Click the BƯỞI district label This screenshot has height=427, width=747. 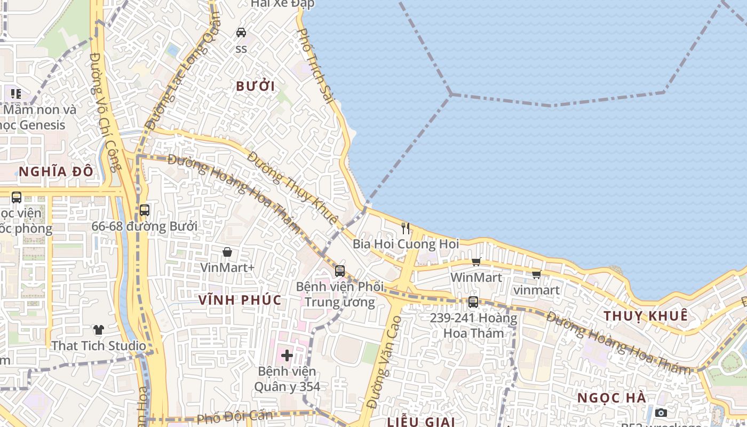(x=255, y=86)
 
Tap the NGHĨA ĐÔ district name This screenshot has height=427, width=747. (x=56, y=171)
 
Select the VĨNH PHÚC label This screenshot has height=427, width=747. (x=240, y=300)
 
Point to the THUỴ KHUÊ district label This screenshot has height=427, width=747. (x=646, y=315)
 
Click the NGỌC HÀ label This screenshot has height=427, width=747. (x=612, y=398)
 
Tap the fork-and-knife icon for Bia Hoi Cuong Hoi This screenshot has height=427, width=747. (x=406, y=228)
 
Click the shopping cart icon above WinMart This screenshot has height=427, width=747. (x=476, y=262)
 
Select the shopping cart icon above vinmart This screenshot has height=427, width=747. (x=536, y=274)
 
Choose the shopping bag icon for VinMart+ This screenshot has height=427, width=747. (x=227, y=251)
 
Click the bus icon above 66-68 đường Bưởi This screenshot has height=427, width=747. (x=145, y=210)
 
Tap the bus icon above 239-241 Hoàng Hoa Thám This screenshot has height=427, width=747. (x=473, y=302)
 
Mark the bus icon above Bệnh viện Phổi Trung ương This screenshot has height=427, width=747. (x=340, y=271)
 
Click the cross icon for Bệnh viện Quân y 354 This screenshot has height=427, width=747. (x=287, y=355)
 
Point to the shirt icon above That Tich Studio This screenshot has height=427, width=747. (x=98, y=330)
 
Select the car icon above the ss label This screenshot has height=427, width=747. (x=241, y=32)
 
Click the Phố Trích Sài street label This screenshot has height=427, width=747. (x=315, y=66)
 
